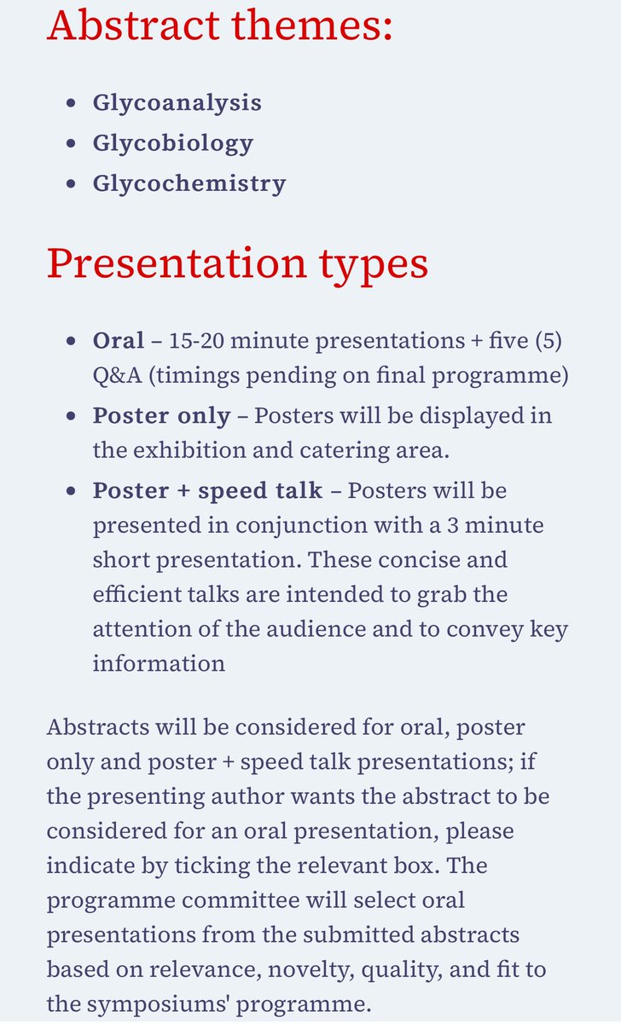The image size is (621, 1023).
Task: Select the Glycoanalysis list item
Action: tap(177, 102)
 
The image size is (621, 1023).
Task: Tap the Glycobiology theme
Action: tap(172, 142)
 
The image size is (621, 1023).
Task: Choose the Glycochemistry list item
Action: tap(189, 183)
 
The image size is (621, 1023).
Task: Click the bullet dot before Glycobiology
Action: tap(72, 143)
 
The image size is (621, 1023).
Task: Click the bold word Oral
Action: tap(118, 341)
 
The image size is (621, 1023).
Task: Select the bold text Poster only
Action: tap(161, 416)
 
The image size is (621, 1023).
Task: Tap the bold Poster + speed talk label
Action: tap(207, 491)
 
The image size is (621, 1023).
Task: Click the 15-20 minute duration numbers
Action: tap(198, 341)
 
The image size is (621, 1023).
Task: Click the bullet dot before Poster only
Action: tap(72, 417)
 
